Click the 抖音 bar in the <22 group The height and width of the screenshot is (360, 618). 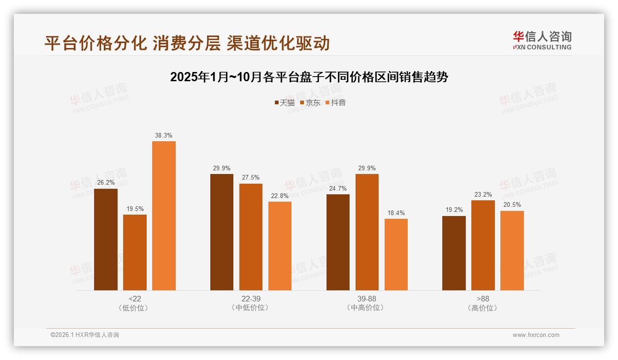click(164, 216)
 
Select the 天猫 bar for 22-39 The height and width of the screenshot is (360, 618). click(222, 232)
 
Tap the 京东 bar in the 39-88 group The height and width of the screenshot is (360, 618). click(367, 232)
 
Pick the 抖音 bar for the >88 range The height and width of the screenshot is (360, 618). click(512, 251)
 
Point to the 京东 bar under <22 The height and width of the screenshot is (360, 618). click(135, 252)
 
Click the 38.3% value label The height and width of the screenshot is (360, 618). click(164, 136)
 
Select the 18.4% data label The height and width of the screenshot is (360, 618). click(396, 213)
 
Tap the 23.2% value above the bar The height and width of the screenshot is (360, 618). click(483, 195)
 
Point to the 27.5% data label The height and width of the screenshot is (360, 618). click(251, 178)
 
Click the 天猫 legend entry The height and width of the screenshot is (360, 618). click(285, 103)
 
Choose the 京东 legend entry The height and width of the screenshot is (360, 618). click(310, 103)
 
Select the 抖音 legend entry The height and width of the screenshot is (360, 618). click(336, 103)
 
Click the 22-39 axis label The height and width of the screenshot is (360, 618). click(251, 299)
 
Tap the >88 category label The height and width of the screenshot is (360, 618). click(483, 299)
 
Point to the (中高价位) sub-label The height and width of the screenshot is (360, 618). click(367, 308)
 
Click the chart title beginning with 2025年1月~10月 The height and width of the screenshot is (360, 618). click(309, 77)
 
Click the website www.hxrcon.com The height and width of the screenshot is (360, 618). click(536, 335)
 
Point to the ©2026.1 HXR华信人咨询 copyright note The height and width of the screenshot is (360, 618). click(85, 335)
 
